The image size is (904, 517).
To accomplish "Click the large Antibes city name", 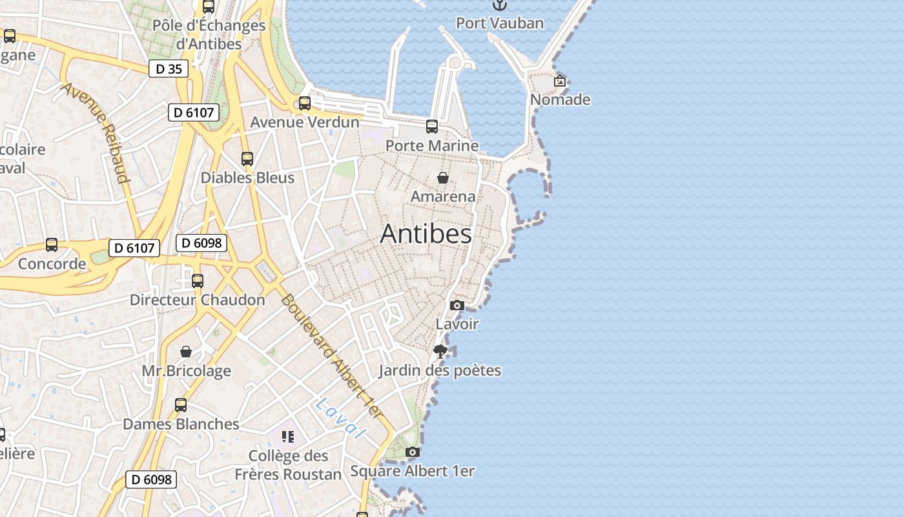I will coord(426,233).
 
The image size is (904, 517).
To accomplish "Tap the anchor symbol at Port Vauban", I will coord(499,5).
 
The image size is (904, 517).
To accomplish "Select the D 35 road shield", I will coord(169,69).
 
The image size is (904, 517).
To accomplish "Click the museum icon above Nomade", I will coord(560,81).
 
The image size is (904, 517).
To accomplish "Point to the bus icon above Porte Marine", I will coord(432,127).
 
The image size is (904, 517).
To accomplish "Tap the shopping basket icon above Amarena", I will coord(443,178).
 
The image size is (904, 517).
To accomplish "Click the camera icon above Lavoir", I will coord(457,305).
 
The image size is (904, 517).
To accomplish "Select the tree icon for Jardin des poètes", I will coord(440,352).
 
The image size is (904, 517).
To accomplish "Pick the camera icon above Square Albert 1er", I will coord(413,452).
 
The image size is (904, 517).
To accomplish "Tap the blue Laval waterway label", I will coord(341,417).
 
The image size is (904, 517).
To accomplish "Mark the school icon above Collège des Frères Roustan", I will coord(288,437).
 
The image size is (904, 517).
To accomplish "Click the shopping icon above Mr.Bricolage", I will coord(186,352).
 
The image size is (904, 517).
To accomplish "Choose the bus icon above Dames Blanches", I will coord(181,405).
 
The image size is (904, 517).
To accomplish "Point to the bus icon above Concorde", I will coord(52,245).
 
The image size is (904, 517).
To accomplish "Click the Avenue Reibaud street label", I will coord(96,132).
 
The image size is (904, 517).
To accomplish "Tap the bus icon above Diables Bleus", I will coord(247,158).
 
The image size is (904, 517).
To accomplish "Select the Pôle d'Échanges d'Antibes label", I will coord(209,35).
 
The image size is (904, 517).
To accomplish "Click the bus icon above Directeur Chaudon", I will coord(198,281).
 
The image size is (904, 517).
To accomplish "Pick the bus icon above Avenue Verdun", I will coord(305,103).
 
